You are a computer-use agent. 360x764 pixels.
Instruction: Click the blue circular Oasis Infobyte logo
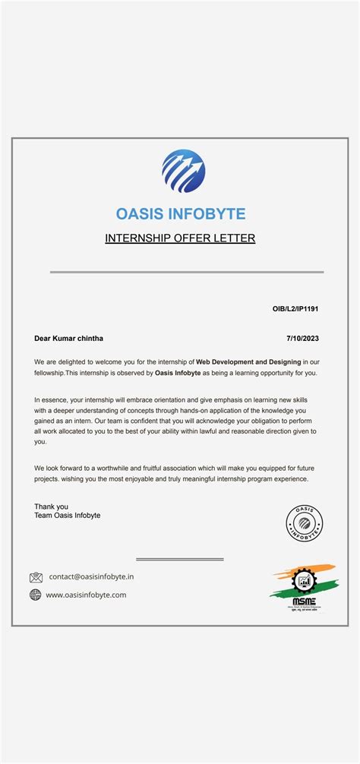pyautogui.click(x=183, y=171)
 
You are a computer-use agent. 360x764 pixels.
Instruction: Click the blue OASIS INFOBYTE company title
pyautogui.click(x=181, y=214)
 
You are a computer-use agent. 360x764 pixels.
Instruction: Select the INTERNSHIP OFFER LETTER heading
pyautogui.click(x=180, y=238)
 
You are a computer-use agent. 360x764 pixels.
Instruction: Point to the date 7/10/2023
pyautogui.click(x=302, y=338)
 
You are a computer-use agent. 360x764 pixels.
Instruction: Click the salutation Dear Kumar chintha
pyautogui.click(x=68, y=338)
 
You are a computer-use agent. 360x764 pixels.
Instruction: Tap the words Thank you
pyautogui.click(x=51, y=507)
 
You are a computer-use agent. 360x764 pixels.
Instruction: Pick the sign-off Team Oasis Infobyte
pyautogui.click(x=67, y=516)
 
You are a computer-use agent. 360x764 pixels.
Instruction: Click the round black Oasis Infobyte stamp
pyautogui.click(x=304, y=522)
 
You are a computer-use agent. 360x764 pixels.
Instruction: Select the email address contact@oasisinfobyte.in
pyautogui.click(x=91, y=577)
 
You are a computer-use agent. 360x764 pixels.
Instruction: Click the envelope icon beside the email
pyautogui.click(x=36, y=577)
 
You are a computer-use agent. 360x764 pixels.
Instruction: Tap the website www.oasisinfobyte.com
pyautogui.click(x=86, y=595)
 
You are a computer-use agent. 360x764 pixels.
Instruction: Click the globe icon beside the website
pyautogui.click(x=36, y=595)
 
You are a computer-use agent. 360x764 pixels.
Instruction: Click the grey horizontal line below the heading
pyautogui.click(x=186, y=272)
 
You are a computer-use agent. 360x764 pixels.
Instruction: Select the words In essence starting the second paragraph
pyautogui.click(x=53, y=399)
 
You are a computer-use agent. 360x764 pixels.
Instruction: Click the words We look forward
pyautogui.click(x=63, y=468)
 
